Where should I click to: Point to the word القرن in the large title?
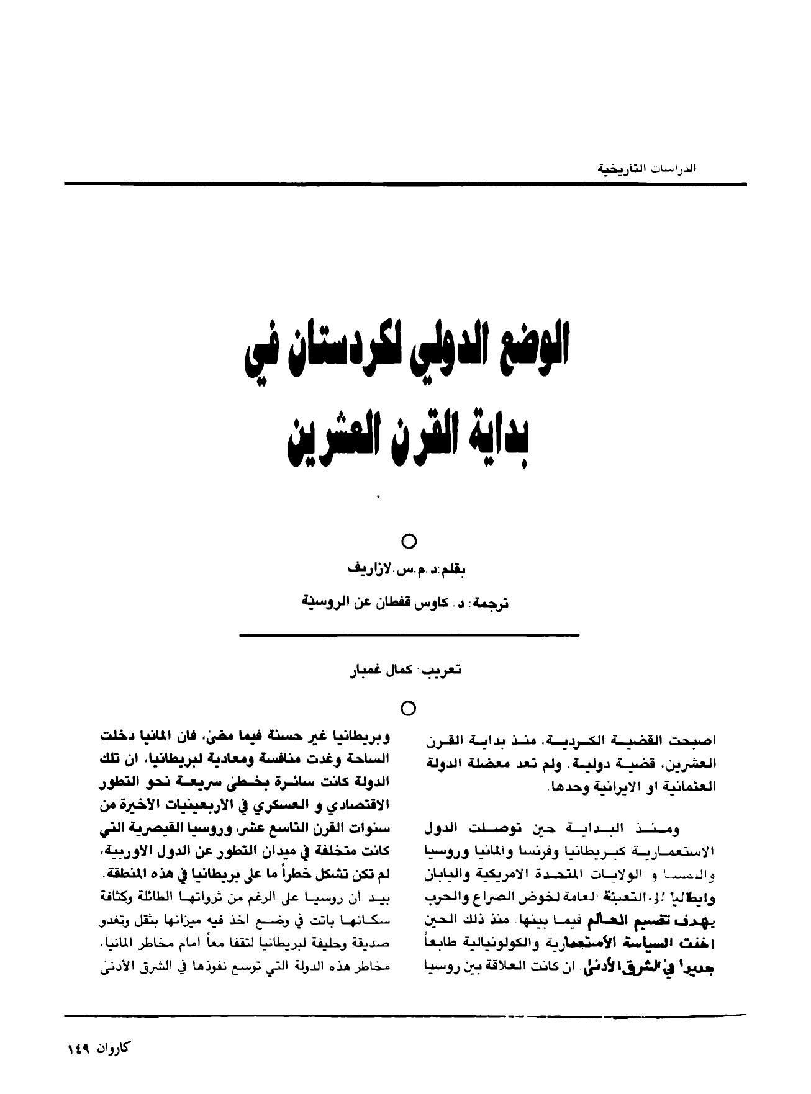point(439,438)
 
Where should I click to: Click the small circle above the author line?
point(408,542)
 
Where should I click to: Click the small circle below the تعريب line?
point(408,707)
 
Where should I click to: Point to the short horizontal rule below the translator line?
point(408,635)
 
